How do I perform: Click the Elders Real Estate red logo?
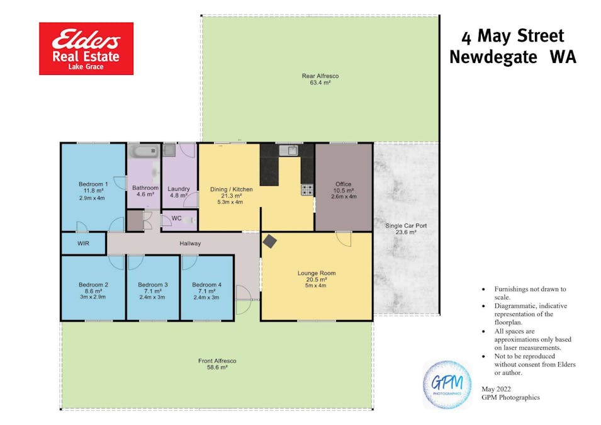click(86, 48)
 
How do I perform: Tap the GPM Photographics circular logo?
click(447, 384)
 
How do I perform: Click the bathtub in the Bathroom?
click(145, 151)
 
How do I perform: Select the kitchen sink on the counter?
click(289, 150)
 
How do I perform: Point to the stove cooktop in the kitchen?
click(307, 190)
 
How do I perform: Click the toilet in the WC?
click(189, 220)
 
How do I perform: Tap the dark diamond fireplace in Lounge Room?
click(270, 241)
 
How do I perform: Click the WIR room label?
click(83, 243)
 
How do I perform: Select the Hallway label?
click(190, 244)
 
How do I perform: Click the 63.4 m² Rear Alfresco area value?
click(320, 82)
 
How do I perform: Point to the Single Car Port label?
click(406, 225)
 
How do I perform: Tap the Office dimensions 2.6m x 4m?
click(344, 196)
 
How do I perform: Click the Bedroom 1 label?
click(93, 184)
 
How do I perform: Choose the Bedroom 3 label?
click(152, 285)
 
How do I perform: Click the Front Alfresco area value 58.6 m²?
click(217, 367)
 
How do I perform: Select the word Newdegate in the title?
click(493, 57)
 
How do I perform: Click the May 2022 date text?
click(496, 389)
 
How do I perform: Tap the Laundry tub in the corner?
click(169, 150)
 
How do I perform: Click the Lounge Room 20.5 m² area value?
click(316, 280)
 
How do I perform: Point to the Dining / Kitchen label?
click(232, 189)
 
